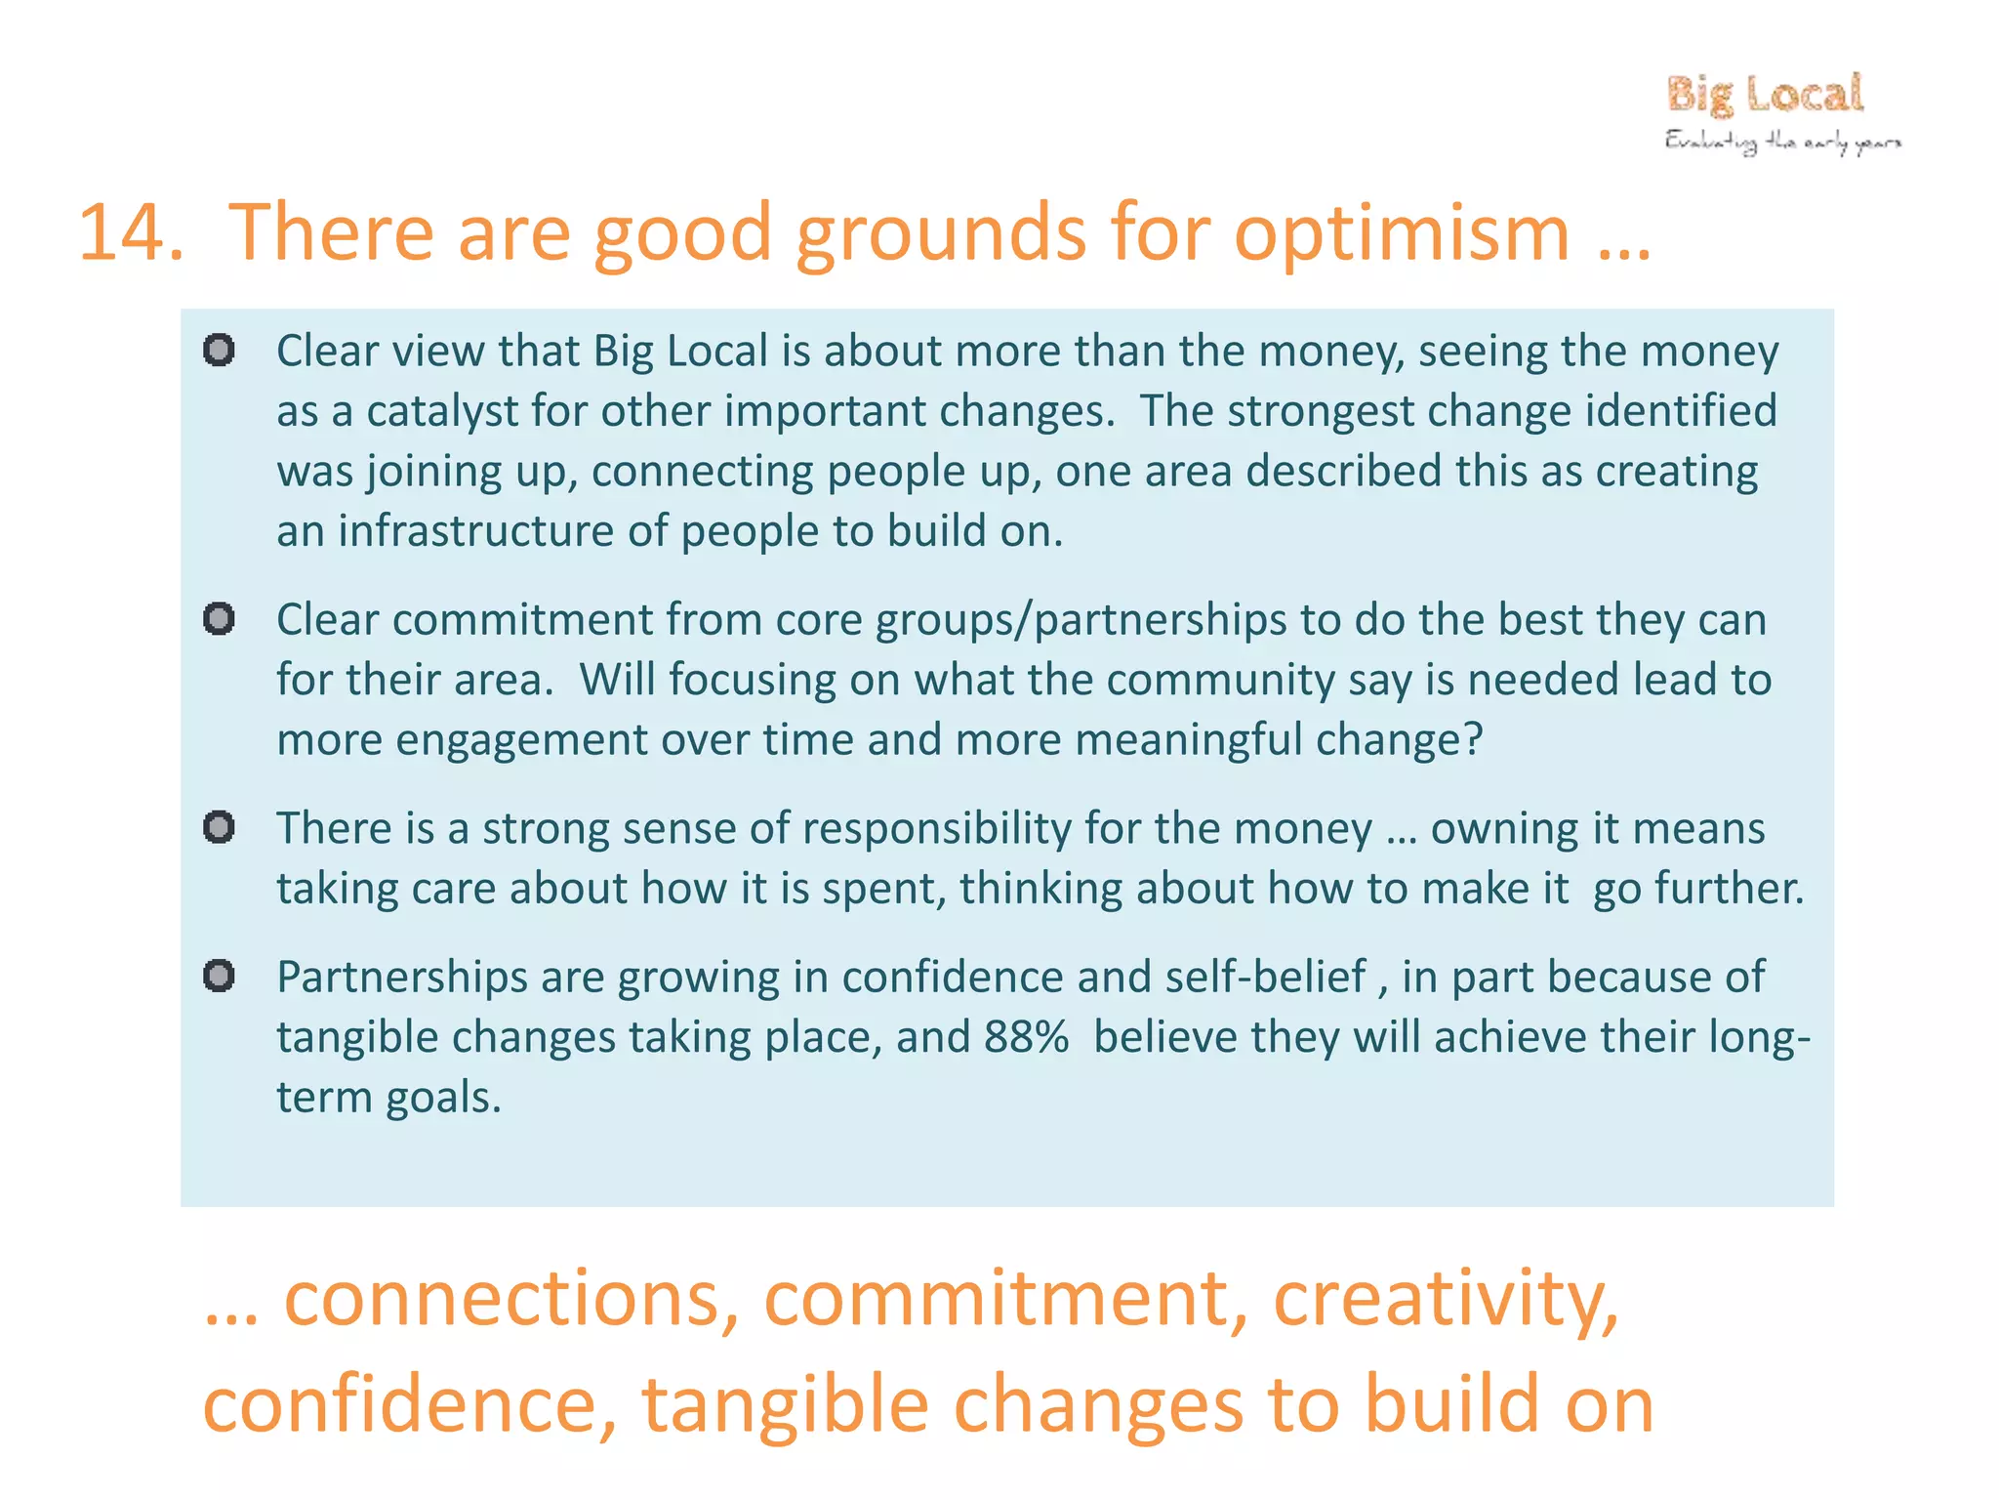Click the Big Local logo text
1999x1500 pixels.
point(1765,95)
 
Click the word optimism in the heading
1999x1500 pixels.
point(1402,233)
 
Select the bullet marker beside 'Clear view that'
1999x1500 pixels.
point(219,350)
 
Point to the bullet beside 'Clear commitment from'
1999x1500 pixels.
point(219,618)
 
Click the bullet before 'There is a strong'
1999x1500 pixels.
point(219,827)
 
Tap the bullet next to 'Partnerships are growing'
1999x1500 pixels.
point(219,976)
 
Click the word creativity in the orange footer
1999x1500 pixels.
point(1445,1299)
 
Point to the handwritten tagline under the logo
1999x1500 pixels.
point(1782,143)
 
